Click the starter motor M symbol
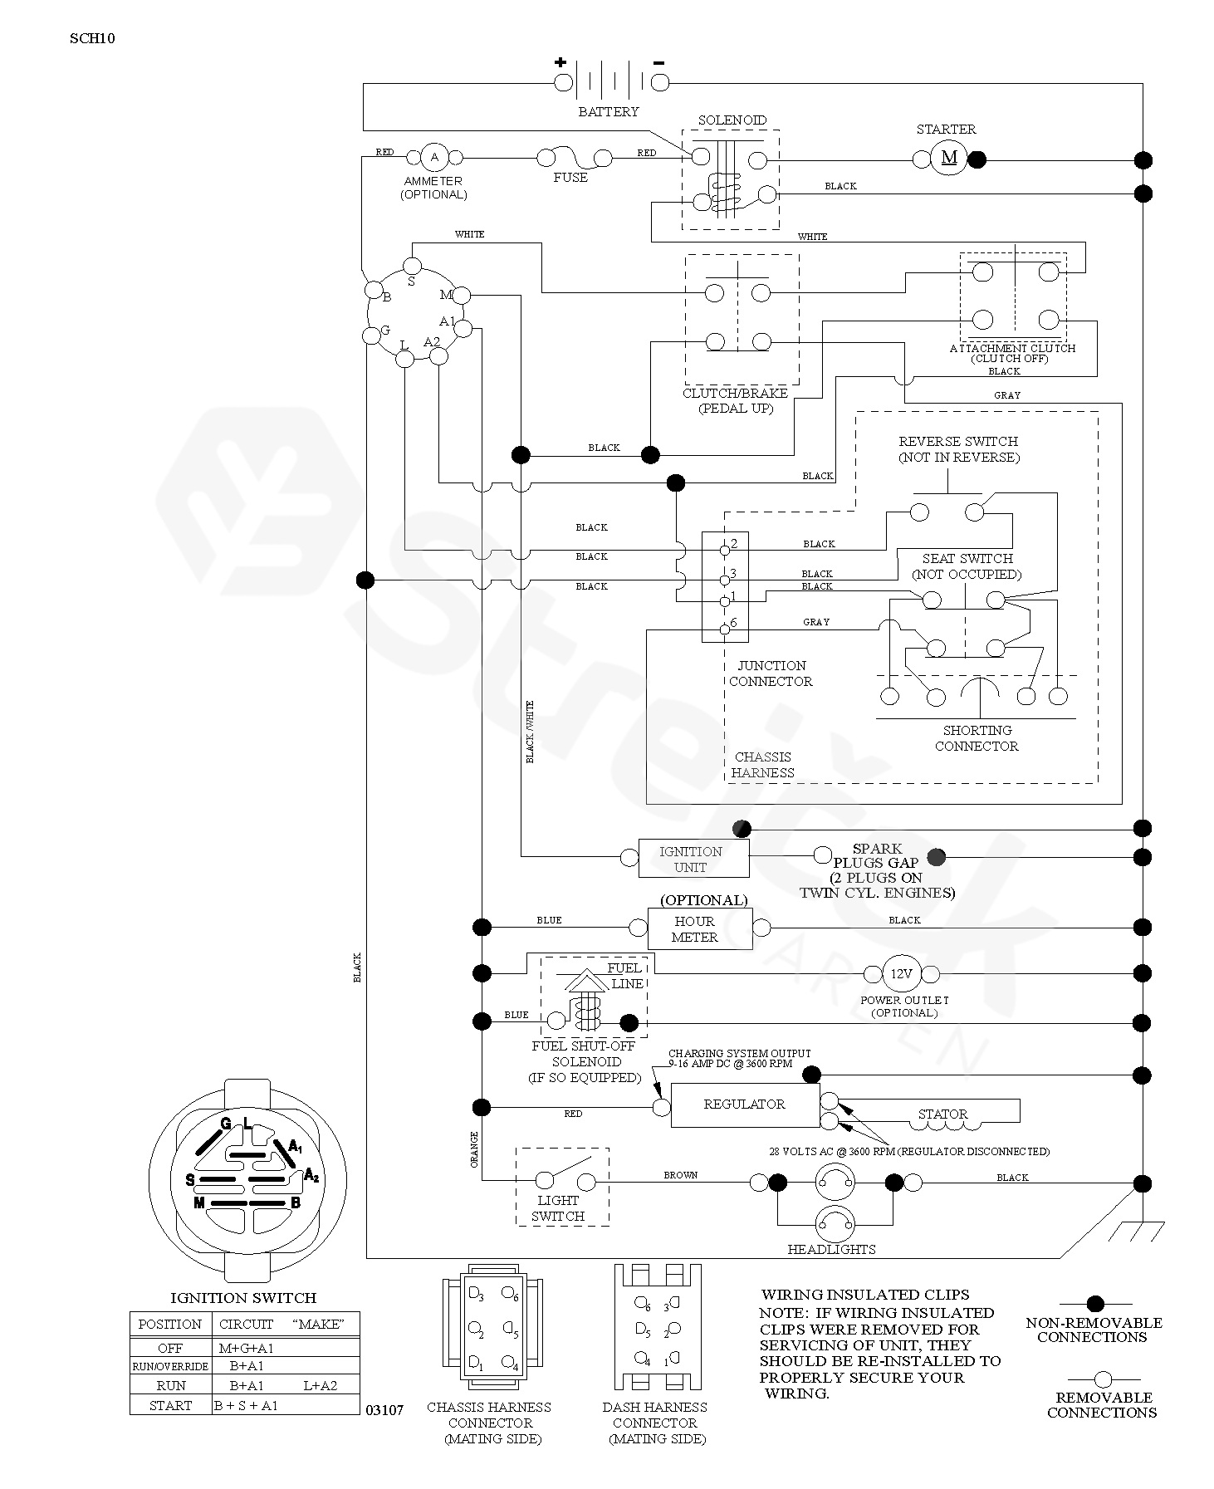coord(949,158)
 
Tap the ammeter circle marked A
coord(433,156)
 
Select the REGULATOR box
coord(745,1105)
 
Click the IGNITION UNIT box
coord(693,858)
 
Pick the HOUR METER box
coord(699,928)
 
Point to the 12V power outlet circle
coord(901,973)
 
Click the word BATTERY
coord(609,111)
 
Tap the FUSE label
coord(570,177)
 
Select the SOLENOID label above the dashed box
coord(732,120)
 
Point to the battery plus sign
coord(560,61)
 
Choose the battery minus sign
coord(658,62)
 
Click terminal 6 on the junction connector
coord(725,629)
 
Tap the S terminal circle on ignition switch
coord(412,265)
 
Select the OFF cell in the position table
coord(169,1348)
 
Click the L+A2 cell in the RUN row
coord(321,1385)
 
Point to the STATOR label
coord(943,1114)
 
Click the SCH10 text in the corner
coord(92,37)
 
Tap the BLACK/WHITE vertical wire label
coord(530,732)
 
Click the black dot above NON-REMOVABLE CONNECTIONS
coord(1095,1304)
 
